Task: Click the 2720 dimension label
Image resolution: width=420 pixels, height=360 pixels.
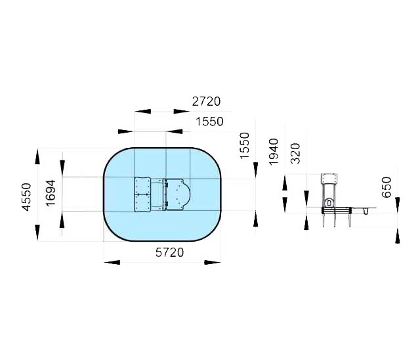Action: (x=206, y=102)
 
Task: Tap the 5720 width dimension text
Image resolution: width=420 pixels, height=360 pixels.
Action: (x=170, y=252)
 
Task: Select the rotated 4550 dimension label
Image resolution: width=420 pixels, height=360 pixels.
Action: (x=26, y=197)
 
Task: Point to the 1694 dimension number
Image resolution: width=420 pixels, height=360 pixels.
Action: (x=51, y=193)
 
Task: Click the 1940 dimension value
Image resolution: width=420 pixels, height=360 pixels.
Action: (x=274, y=152)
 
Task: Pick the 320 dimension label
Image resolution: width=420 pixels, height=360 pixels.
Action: (x=295, y=153)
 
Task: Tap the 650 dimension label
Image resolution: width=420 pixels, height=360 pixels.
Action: (x=387, y=187)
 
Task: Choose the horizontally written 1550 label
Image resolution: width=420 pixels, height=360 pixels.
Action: (x=209, y=122)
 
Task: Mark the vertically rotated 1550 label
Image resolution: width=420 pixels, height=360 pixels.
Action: (x=245, y=146)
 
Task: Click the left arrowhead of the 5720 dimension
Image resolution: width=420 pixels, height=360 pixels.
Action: (x=112, y=262)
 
